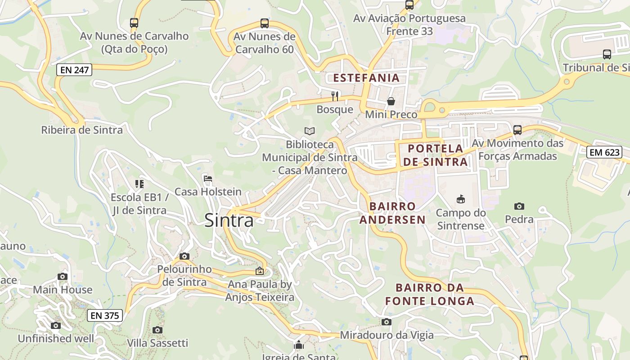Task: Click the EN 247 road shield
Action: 74,70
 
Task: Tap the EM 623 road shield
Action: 604,152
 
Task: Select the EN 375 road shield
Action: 105,315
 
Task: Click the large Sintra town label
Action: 229,220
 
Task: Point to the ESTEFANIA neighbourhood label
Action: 366,78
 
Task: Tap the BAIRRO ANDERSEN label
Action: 392,213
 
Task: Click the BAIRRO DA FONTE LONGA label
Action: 430,294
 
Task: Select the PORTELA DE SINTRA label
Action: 435,155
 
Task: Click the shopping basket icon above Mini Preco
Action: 391,101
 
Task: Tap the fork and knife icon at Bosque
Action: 335,96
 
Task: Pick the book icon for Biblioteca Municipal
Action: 310,131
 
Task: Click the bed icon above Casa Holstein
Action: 208,179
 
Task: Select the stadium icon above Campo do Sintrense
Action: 460,199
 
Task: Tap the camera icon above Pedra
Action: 519,206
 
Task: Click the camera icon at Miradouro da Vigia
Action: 387,322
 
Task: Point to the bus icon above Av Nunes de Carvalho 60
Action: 265,23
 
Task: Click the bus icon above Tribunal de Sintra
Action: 607,54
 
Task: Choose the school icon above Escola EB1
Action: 139,184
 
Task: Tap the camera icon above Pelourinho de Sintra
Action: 184,256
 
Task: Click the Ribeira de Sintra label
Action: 82,130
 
